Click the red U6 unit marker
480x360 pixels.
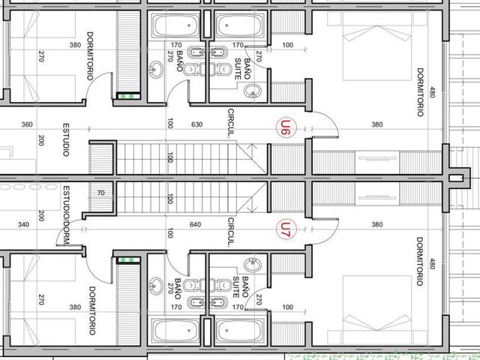[x=286, y=128]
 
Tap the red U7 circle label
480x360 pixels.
[x=286, y=230]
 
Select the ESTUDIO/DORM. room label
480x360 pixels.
[x=66, y=215]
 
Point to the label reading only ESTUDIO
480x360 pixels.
[x=66, y=139]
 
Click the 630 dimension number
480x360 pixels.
[x=196, y=124]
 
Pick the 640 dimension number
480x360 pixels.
[x=195, y=224]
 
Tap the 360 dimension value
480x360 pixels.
[x=27, y=124]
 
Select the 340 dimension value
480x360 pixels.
[x=23, y=224]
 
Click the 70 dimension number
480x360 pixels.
[x=100, y=193]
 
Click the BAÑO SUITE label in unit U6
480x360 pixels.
[x=242, y=69]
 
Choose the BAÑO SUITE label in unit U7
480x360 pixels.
[x=241, y=286]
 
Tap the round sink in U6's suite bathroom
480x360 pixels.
[x=253, y=91]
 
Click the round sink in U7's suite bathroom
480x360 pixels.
[x=253, y=265]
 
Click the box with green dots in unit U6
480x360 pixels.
[x=129, y=96]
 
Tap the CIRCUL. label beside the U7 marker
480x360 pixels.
[x=231, y=232]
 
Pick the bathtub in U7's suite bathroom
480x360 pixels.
[x=239, y=331]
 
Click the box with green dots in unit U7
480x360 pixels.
[x=129, y=260]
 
